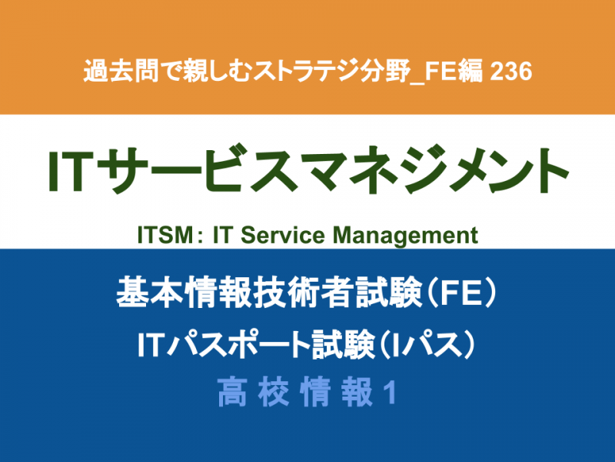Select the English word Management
[x=405, y=236]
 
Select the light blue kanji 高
[x=233, y=393]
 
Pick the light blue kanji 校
[x=274, y=393]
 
